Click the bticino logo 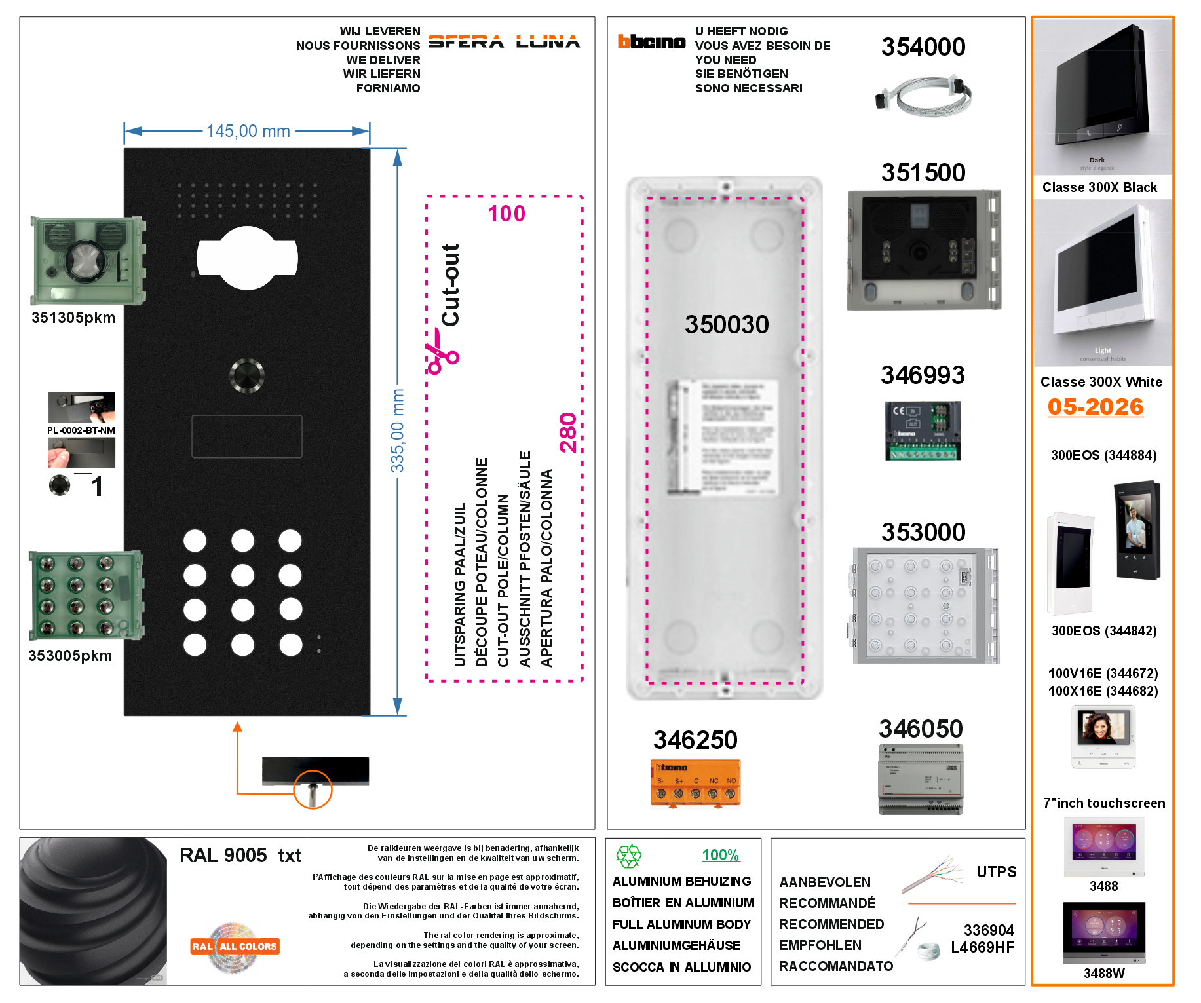[651, 42]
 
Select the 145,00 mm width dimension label [248, 131]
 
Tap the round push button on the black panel [247, 375]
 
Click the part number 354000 [923, 47]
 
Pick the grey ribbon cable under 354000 [924, 96]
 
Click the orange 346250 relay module [695, 783]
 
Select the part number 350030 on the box [727, 324]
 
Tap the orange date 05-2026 [1096, 407]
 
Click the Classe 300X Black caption [1099, 187]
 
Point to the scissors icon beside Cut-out [443, 351]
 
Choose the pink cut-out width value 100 [506, 214]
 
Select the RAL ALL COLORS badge [235, 947]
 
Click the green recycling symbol [628, 856]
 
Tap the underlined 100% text [720, 855]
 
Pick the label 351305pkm [73, 318]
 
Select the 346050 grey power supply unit [921, 780]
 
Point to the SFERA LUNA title [504, 42]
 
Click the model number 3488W [1104, 974]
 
